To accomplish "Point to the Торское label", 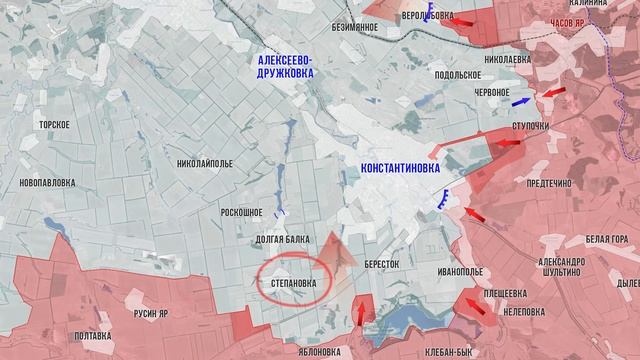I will pyautogui.click(x=53, y=124).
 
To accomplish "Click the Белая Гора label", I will pyautogui.click(x=608, y=240).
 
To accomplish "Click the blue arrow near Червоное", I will pyautogui.click(x=520, y=102).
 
